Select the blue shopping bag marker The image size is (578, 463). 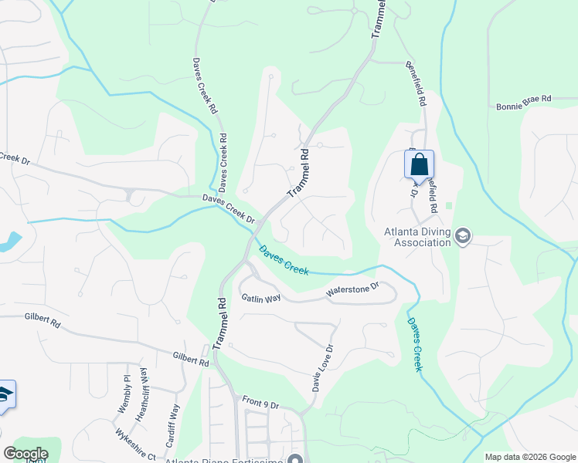click(419, 165)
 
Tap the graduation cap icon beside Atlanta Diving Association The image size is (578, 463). click(463, 236)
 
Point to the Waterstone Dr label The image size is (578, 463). click(353, 291)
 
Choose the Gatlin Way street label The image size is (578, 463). click(260, 298)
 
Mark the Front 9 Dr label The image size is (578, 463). click(260, 402)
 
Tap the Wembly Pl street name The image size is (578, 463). click(127, 393)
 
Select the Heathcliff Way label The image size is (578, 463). click(143, 400)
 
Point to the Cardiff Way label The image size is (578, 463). click(175, 421)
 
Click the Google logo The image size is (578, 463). click(25, 454)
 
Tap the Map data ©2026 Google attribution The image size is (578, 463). click(529, 457)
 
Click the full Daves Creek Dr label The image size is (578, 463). click(229, 208)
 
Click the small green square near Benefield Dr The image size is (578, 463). click(449, 206)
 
